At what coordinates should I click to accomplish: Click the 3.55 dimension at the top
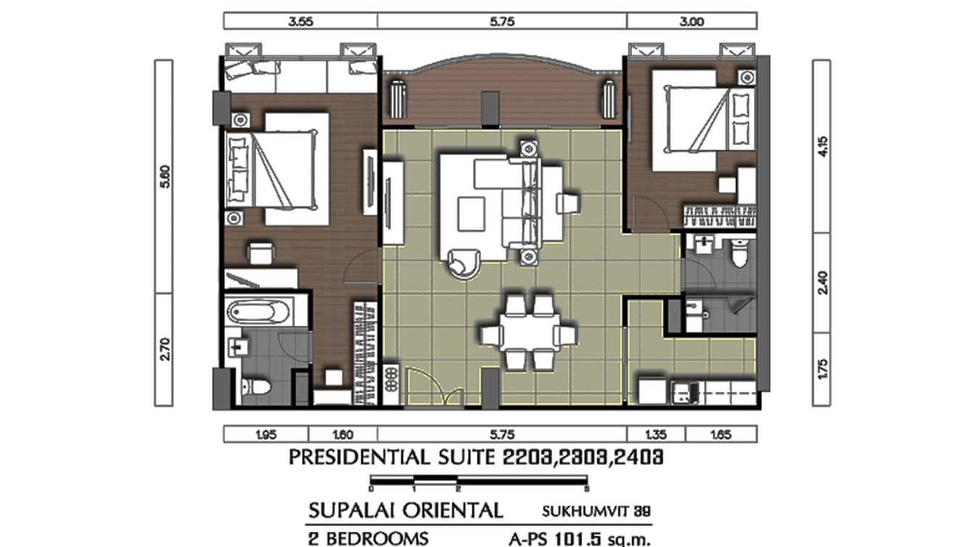[300, 22]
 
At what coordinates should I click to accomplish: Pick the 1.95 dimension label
[266, 435]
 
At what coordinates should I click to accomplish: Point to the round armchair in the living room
[462, 262]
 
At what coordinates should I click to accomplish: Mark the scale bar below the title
[479, 480]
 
